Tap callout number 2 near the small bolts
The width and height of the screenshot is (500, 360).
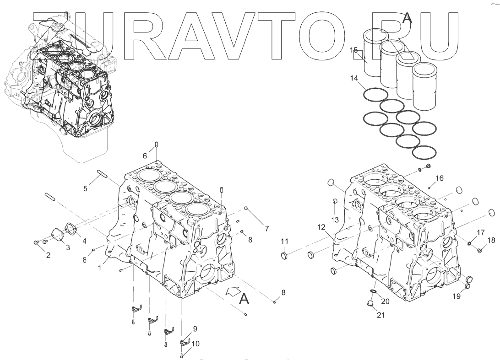pyautogui.click(x=48, y=255)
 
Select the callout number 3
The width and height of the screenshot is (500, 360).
pyautogui.click(x=67, y=247)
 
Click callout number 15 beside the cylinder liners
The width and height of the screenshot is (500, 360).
pyautogui.click(x=354, y=50)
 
